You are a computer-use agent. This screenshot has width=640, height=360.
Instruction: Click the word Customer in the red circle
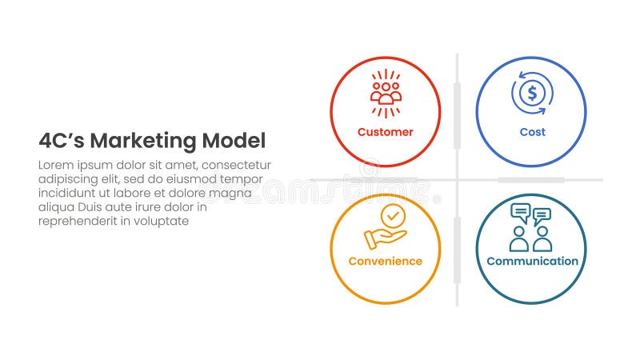click(385, 132)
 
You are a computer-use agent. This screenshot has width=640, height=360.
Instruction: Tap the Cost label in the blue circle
click(531, 132)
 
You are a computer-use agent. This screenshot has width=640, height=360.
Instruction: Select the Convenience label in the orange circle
click(385, 262)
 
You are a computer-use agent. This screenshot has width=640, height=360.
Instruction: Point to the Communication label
click(531, 262)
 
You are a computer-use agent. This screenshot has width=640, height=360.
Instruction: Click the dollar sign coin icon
click(531, 94)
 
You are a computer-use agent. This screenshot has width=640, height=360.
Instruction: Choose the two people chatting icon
click(531, 227)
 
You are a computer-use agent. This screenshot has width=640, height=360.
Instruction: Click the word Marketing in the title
click(142, 142)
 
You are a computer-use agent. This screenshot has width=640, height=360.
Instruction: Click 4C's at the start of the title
click(61, 142)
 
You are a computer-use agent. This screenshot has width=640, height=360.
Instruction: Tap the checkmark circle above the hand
click(392, 216)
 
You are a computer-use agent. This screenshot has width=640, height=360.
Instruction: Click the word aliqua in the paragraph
click(56, 207)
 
